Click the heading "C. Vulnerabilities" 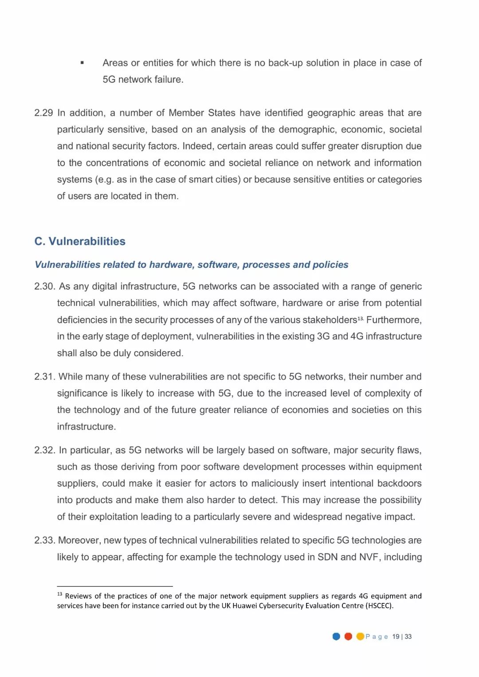pyautogui.click(x=80, y=241)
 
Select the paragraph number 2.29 pyautogui.click(x=43, y=113)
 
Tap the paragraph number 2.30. pyautogui.click(x=44, y=286)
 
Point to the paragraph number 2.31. pyautogui.click(x=44, y=377)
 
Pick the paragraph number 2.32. pyautogui.click(x=44, y=450)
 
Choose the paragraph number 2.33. pyautogui.click(x=44, y=540)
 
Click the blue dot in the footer pyautogui.click(x=336, y=637)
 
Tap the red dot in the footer pyautogui.click(x=348, y=637)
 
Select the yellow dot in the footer pyautogui.click(x=360, y=637)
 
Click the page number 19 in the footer pyautogui.click(x=396, y=637)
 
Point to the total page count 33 pyautogui.click(x=408, y=637)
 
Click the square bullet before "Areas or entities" pyautogui.click(x=82, y=63)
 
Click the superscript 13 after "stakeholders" pyautogui.click(x=361, y=318)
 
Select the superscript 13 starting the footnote pyautogui.click(x=59, y=594)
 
